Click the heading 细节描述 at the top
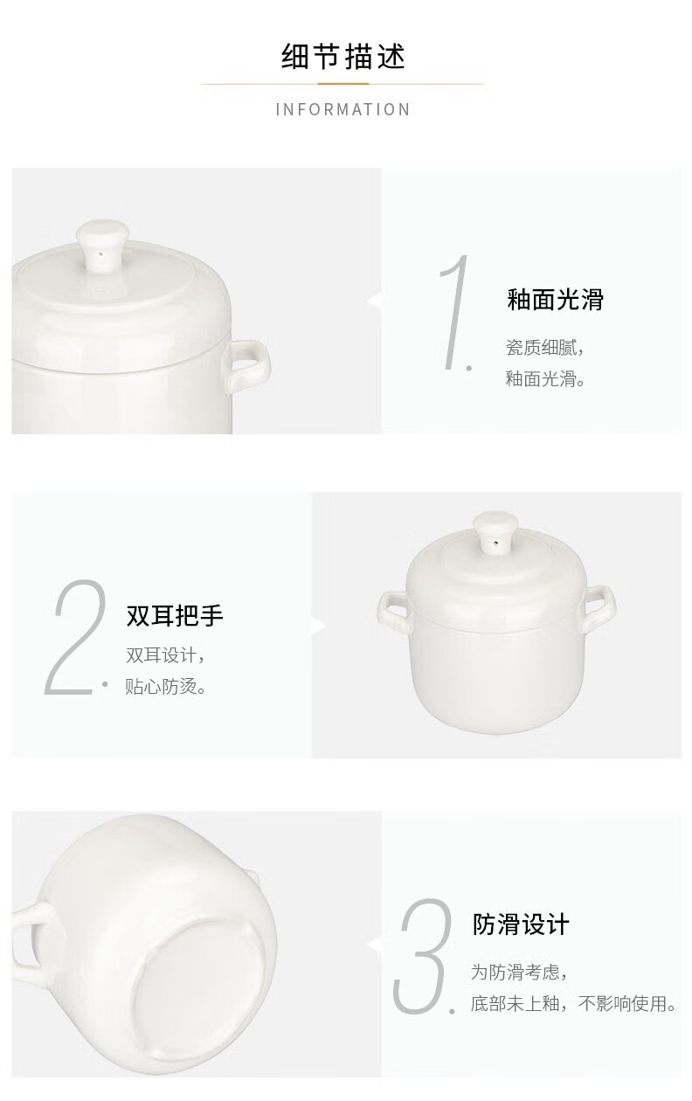click(343, 57)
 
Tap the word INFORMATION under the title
click(343, 109)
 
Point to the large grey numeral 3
click(424, 956)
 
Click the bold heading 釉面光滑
click(556, 300)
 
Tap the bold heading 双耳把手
click(175, 615)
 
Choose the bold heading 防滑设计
click(521, 924)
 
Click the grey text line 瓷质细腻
click(544, 347)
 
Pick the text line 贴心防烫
click(165, 686)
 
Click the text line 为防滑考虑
click(518, 972)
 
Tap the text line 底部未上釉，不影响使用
click(573, 1003)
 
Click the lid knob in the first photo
click(102, 244)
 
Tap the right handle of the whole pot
click(599, 607)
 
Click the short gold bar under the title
click(343, 84)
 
